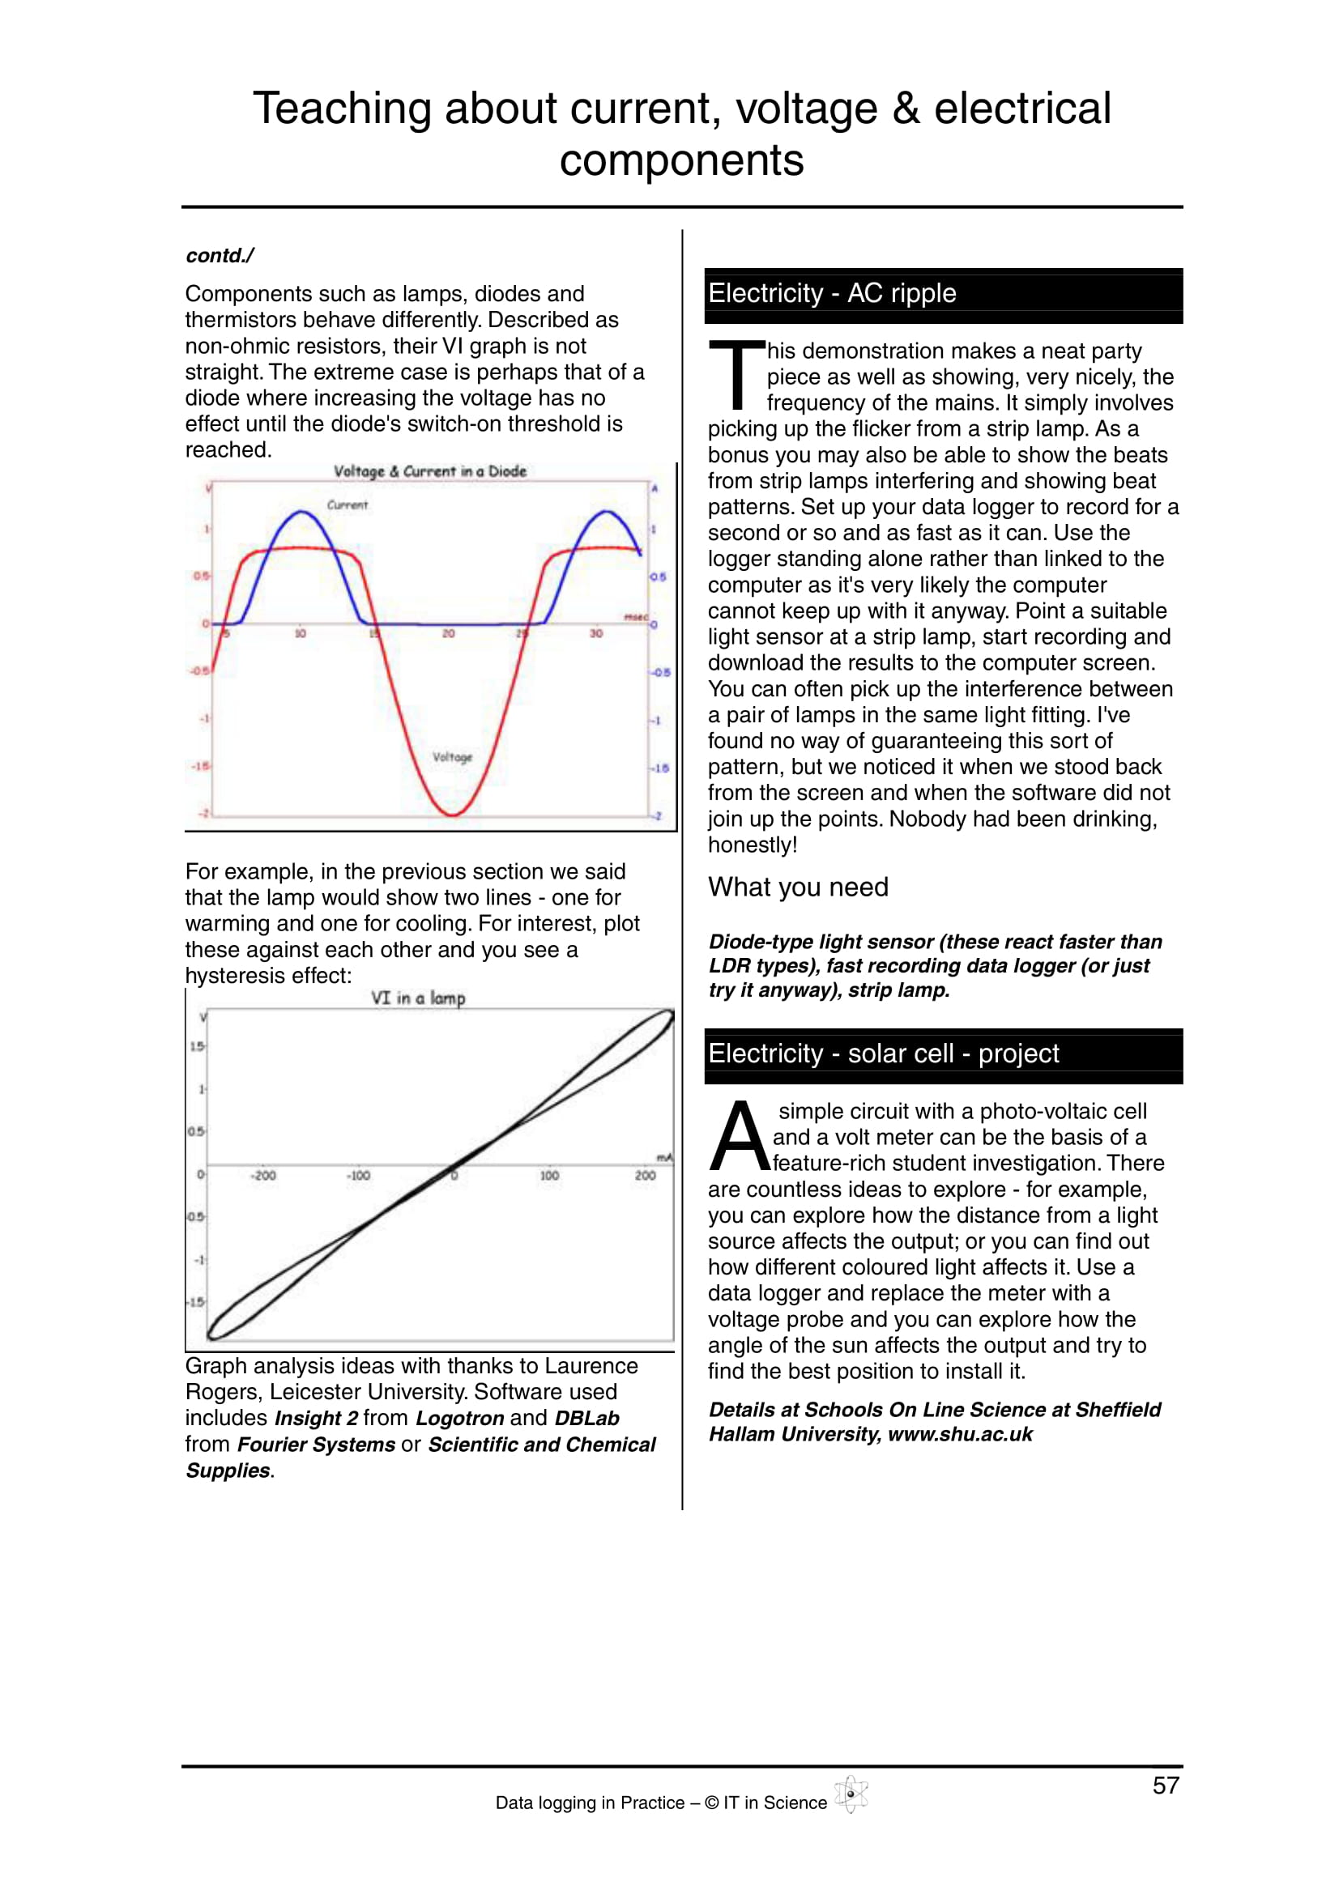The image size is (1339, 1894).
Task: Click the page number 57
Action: (x=1165, y=1785)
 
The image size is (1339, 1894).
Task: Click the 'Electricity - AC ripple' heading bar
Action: (x=942, y=295)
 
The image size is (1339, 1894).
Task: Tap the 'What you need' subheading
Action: (x=798, y=887)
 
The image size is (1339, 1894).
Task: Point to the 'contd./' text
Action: (x=220, y=256)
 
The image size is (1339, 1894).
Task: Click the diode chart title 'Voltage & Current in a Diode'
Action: (x=430, y=471)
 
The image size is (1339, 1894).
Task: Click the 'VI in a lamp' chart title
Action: (x=417, y=998)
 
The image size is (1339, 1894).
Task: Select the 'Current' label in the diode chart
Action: (x=348, y=504)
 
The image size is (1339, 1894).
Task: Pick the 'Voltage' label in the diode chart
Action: (x=452, y=757)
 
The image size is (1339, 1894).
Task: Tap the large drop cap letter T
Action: (x=737, y=376)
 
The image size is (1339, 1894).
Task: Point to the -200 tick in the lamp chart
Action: (x=263, y=1176)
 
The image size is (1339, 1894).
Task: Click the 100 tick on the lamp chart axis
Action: (x=549, y=1176)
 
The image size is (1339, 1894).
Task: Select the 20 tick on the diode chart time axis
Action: (x=448, y=633)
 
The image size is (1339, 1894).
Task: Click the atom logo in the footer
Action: (x=851, y=1794)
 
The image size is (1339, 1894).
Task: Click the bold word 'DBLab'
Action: (x=586, y=1419)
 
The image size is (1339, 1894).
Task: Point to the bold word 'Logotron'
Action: (x=459, y=1419)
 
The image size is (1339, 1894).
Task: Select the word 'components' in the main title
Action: (x=681, y=160)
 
